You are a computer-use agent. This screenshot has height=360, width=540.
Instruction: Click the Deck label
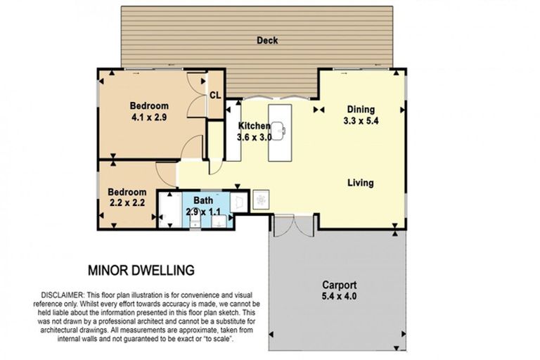pos(267,40)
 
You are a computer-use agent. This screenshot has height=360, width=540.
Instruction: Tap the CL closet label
pos(215,95)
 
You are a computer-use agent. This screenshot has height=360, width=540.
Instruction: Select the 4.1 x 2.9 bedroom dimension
pos(149,117)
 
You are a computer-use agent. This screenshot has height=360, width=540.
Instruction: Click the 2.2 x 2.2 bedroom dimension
pos(127,202)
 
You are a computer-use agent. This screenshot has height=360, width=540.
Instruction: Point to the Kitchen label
pos(254,126)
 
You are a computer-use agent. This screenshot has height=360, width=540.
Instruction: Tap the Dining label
pos(361,110)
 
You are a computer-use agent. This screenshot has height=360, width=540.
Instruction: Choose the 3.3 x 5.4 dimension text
pos(361,121)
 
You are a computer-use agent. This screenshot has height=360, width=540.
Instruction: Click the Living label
pos(361,183)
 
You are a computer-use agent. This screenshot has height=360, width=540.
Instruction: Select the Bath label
pos(203,200)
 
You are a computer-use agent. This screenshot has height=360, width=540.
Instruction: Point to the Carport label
pos(339,285)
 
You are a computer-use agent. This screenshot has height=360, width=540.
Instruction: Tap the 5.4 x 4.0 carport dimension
pos(339,296)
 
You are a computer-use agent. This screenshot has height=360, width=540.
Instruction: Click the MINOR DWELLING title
pos(141,271)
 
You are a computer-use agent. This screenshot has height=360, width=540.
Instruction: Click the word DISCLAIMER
pos(63,295)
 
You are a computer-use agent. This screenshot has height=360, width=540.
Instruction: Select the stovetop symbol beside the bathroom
pos(261,199)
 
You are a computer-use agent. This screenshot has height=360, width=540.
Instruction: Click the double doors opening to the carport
pos(293,225)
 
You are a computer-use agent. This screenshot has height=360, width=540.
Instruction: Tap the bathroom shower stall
pos(169,210)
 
